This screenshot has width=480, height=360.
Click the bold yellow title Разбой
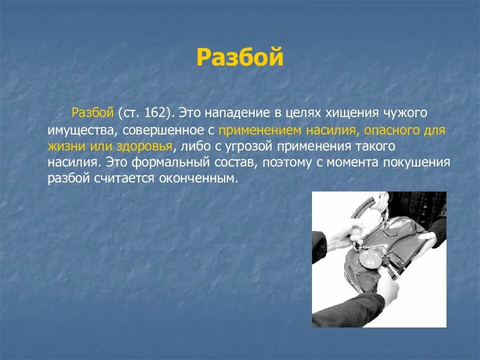point(239,57)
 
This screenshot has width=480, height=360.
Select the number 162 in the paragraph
point(154,112)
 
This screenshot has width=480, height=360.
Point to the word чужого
point(405,113)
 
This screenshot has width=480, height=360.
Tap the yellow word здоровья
point(144,147)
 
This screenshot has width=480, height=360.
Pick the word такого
point(375,146)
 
